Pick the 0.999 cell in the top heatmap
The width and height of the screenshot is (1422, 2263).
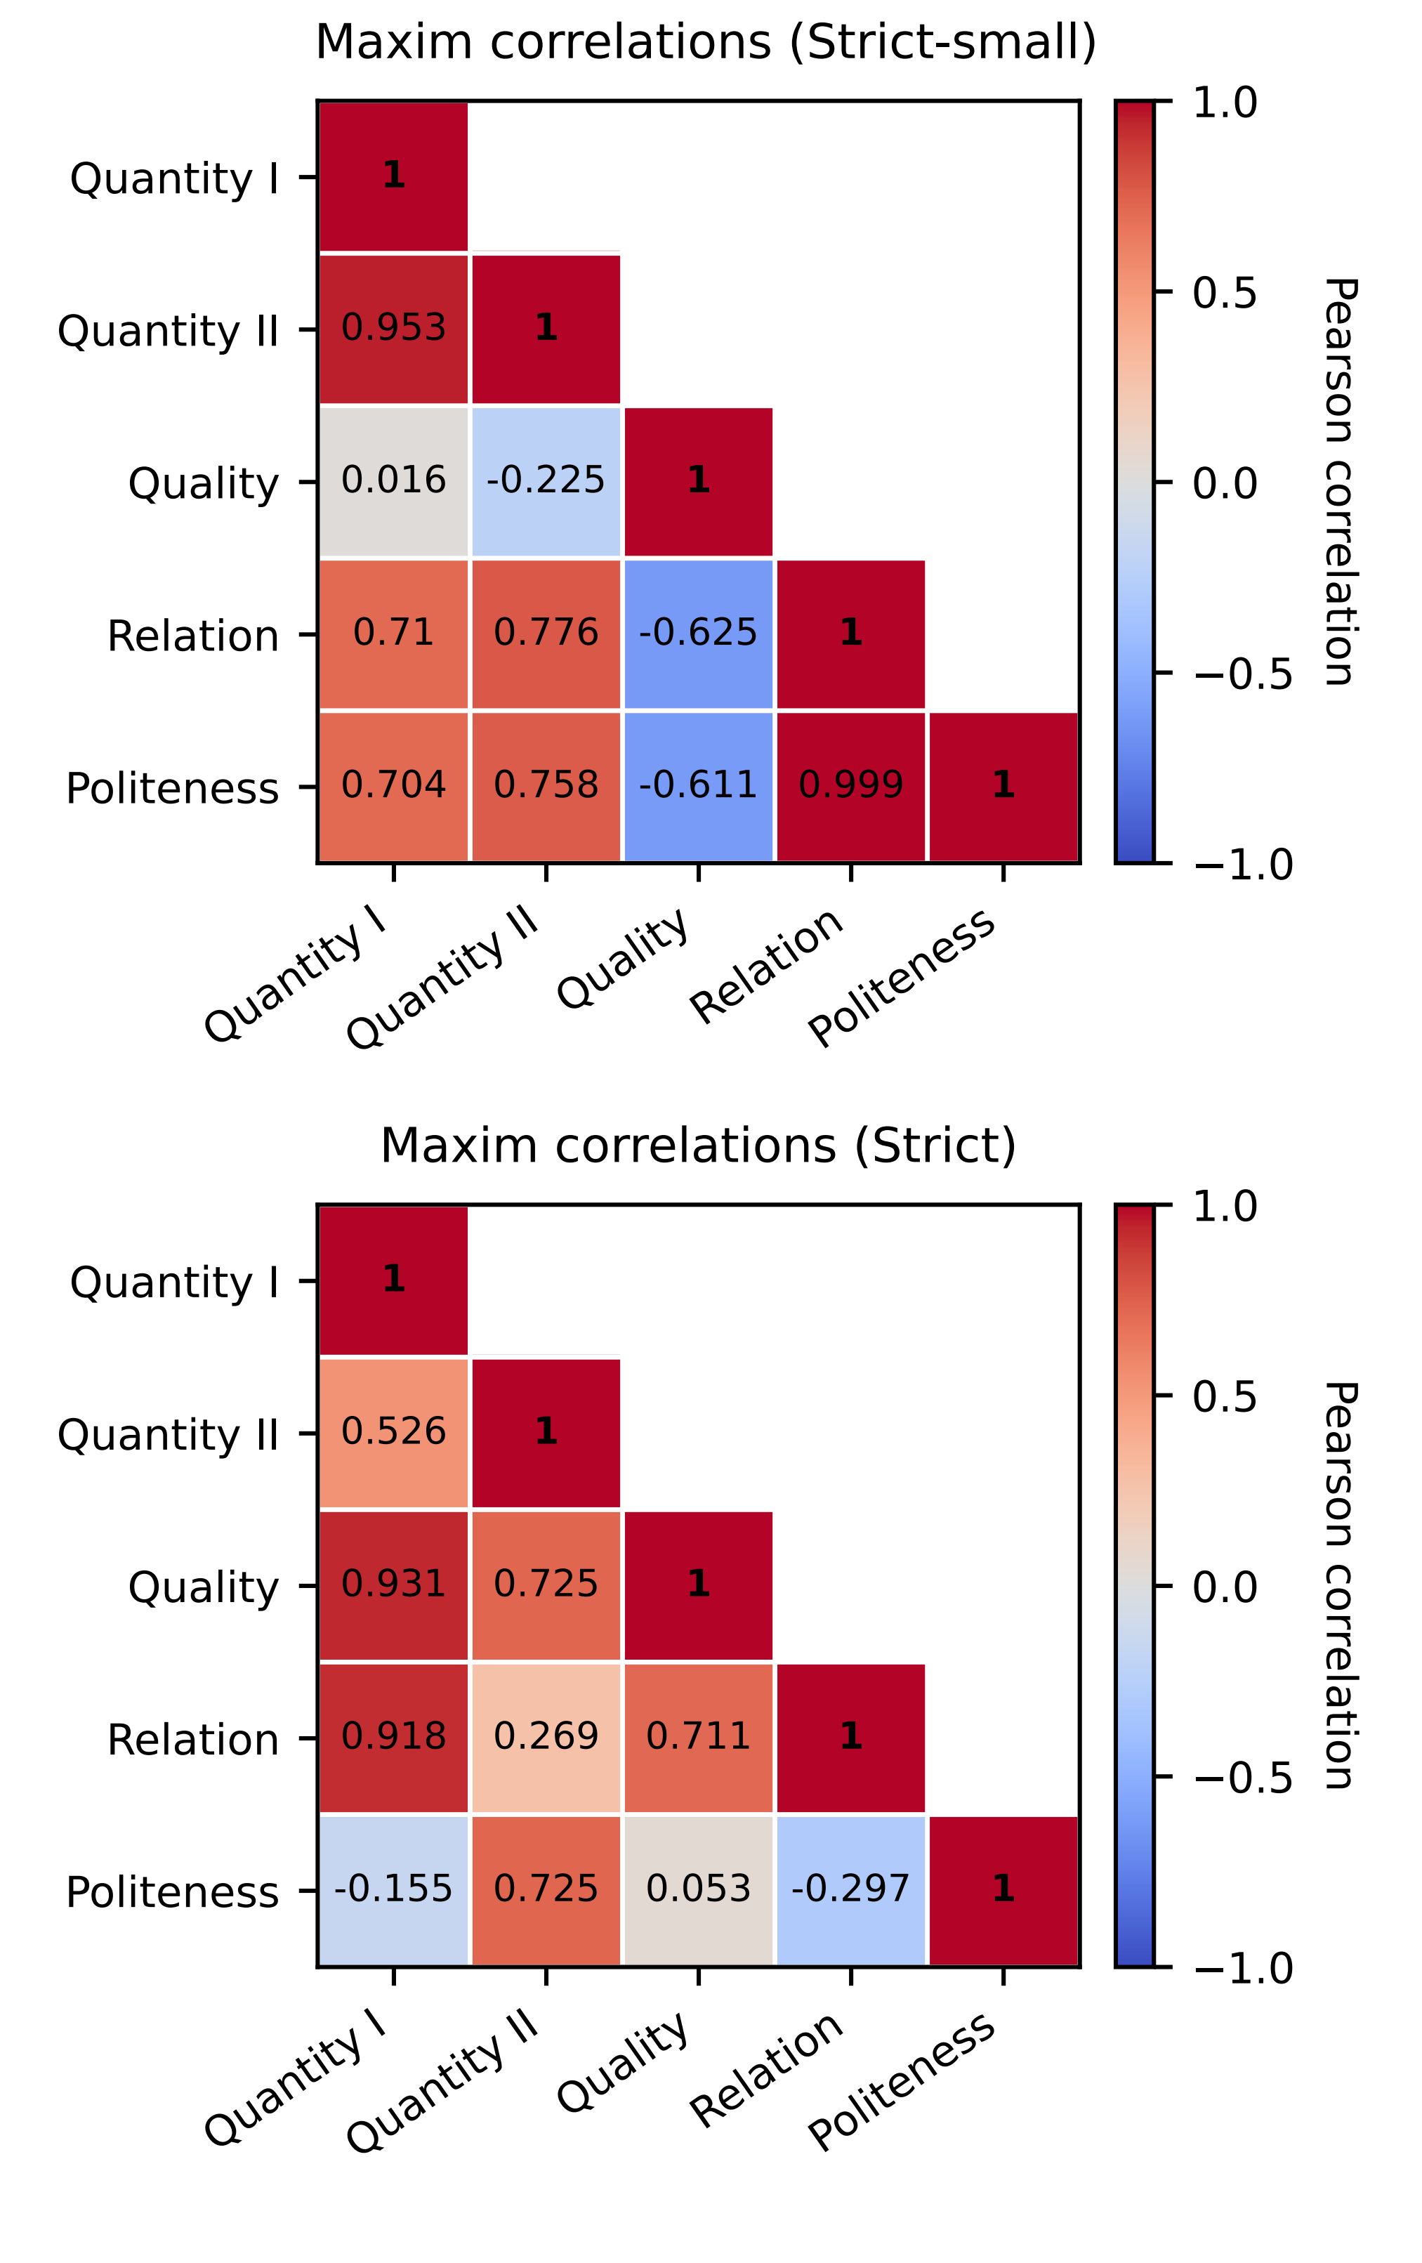850,785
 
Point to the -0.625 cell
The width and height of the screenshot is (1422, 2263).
697,633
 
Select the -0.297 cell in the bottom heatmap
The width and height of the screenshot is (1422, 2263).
850,1888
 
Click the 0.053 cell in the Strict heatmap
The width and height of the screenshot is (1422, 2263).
697,1888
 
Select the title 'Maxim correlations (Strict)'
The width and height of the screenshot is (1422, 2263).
698,1146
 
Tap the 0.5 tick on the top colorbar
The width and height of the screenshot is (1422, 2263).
1224,293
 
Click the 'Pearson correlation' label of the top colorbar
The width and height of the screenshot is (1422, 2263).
1338,481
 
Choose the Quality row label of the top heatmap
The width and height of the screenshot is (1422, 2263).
204,484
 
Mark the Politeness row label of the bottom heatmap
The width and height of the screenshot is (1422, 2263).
172,1891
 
